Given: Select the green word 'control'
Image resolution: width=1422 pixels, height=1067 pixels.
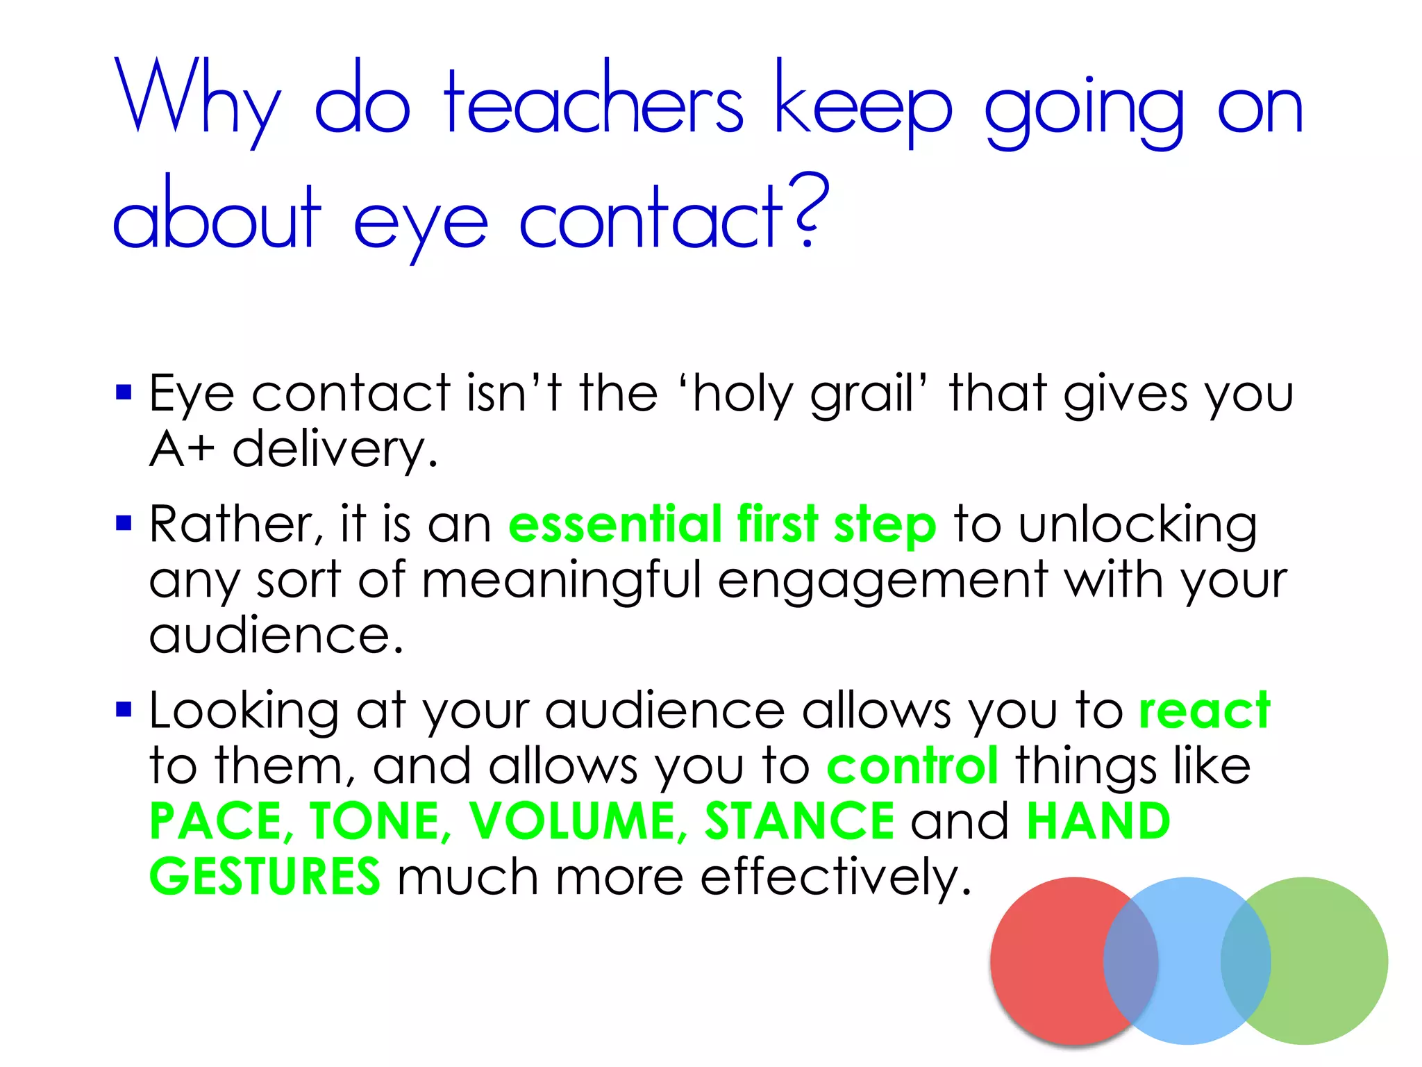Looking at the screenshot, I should (x=912, y=766).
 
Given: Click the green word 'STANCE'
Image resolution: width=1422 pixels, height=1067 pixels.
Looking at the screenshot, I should (x=799, y=821).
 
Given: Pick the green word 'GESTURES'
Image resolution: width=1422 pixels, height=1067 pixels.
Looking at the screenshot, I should (x=265, y=877).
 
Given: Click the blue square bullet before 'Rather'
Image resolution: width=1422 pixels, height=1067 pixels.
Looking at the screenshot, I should (x=124, y=522).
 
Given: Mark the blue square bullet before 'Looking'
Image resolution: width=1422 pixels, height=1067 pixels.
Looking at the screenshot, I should (x=124, y=709).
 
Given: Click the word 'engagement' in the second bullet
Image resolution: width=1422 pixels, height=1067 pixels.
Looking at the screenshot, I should (x=882, y=580).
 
